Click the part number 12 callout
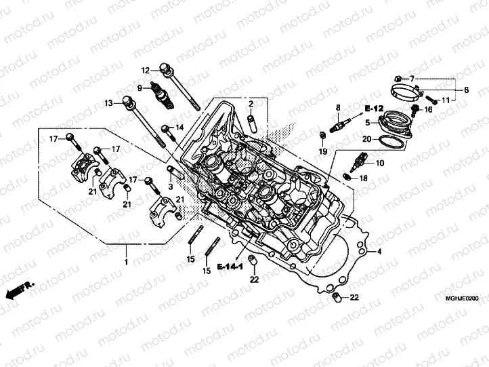(x=145, y=71)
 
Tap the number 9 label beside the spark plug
(x=139, y=88)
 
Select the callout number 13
(x=108, y=103)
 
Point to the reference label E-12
(x=373, y=109)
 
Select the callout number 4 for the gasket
(x=379, y=252)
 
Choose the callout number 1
(x=125, y=261)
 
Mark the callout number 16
(x=428, y=109)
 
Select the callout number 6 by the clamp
(x=466, y=90)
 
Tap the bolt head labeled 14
(x=166, y=128)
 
